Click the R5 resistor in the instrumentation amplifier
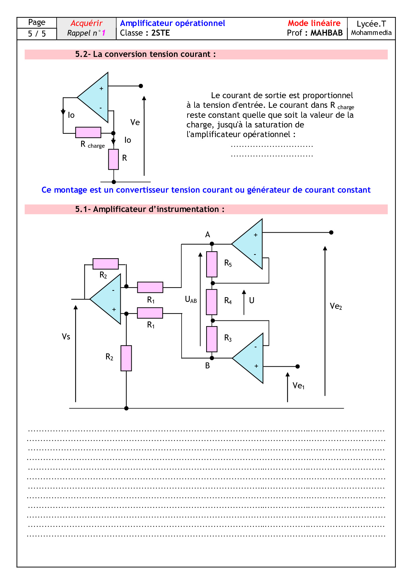click(x=212, y=264)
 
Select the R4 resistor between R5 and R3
click(x=212, y=302)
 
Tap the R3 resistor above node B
click(x=212, y=339)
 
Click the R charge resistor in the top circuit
click(x=88, y=132)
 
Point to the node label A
click(x=207, y=235)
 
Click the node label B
click(x=207, y=366)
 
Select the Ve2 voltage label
click(x=336, y=306)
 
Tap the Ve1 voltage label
click(x=298, y=386)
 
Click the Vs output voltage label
click(x=66, y=337)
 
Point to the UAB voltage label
click(x=191, y=299)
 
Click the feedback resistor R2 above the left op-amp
click(x=105, y=264)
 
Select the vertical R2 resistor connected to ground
click(x=126, y=358)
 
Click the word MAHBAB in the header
click(x=327, y=33)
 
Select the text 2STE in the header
click(x=160, y=33)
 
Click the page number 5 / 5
click(x=37, y=34)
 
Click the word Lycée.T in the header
click(x=371, y=24)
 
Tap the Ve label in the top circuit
click(x=135, y=122)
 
